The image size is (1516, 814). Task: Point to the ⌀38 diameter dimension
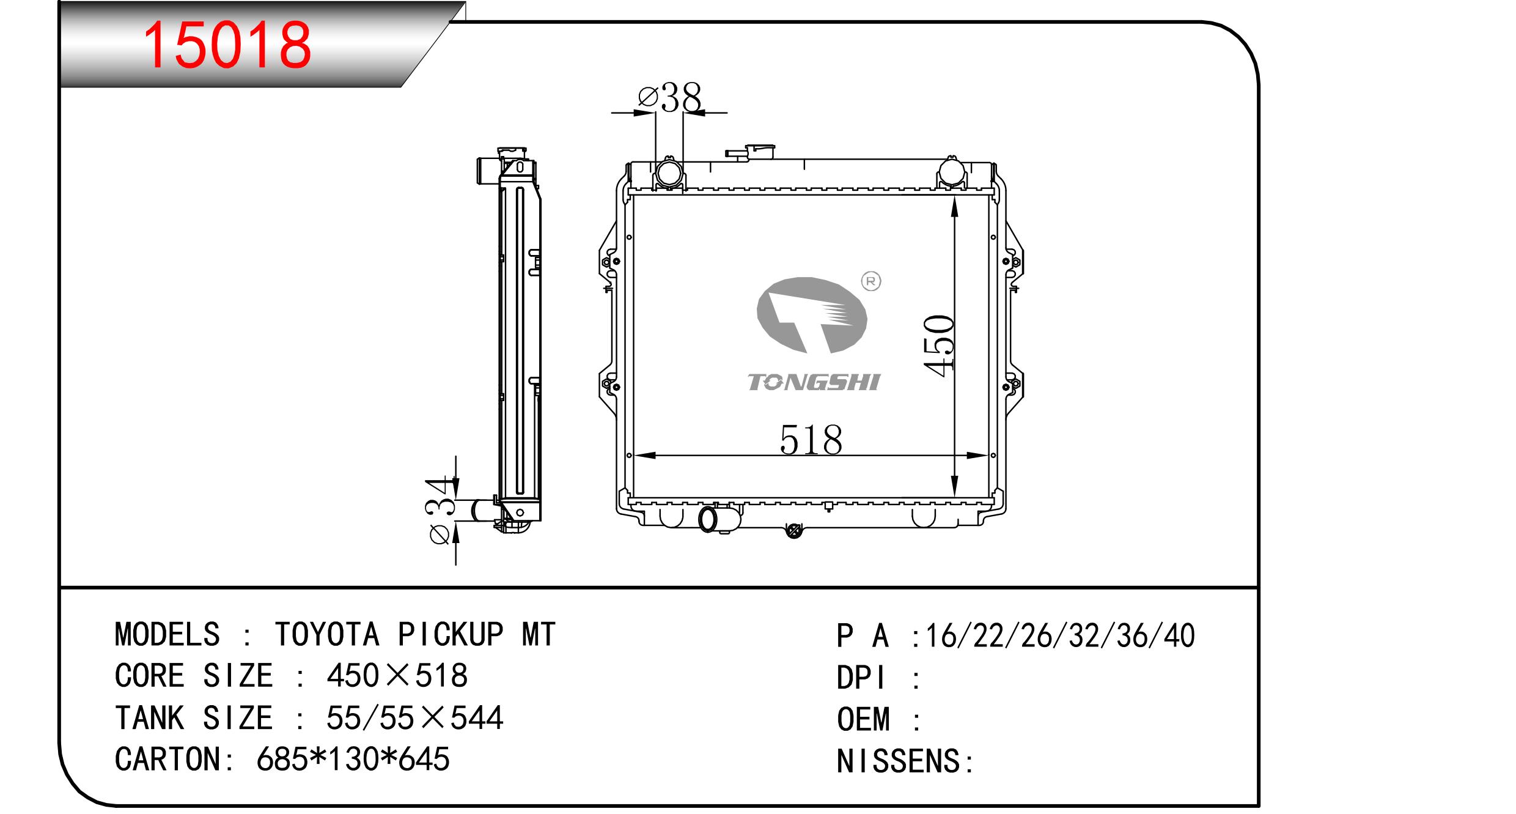[669, 98]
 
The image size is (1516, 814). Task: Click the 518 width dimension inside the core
[811, 440]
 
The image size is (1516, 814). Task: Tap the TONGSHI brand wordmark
[814, 382]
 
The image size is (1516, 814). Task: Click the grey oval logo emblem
[811, 316]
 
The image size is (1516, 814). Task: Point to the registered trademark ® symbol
[871, 281]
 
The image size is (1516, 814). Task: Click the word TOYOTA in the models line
[327, 634]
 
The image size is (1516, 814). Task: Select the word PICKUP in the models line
[451, 634]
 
